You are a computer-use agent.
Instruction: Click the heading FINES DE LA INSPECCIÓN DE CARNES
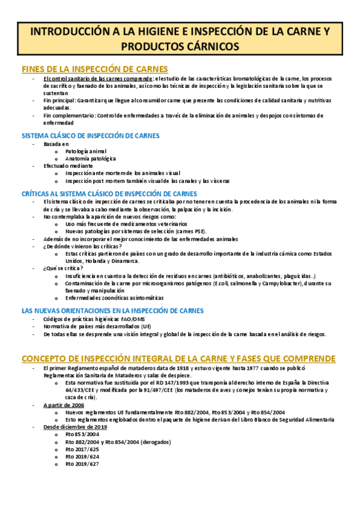pos(94,69)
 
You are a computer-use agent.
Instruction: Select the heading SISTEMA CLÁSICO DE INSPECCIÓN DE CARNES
pos(94,135)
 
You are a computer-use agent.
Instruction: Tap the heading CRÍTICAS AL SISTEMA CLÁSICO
pos(109,194)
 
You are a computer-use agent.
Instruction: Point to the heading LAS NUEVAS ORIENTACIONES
pos(112,310)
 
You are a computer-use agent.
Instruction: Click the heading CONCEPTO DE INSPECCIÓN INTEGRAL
pos(178,358)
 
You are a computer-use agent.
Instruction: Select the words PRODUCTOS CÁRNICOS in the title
pos(180,46)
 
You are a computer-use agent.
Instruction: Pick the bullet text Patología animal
pos(86,151)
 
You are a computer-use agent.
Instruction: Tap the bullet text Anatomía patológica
pos(91,158)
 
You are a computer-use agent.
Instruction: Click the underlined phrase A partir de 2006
pos(64,406)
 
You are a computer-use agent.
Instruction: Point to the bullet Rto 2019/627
pos(82,464)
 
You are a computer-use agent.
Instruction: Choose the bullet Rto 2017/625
pos(82,449)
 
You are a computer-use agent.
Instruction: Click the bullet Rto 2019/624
pos(82,456)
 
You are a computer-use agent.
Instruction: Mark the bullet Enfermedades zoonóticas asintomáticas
pos(114,297)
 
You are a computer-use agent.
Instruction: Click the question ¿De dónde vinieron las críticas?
pos(79,246)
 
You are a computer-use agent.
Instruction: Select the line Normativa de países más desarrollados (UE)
pos(97,326)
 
